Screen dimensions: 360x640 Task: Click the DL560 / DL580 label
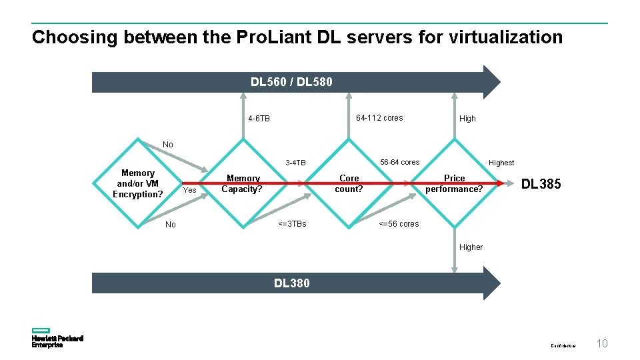tap(291, 82)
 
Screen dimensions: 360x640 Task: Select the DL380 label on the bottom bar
tap(291, 283)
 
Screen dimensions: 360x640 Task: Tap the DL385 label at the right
tap(541, 185)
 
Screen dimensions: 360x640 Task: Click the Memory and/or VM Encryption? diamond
tap(137, 183)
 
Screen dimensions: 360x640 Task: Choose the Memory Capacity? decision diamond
tap(243, 183)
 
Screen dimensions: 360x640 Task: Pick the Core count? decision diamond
tap(349, 183)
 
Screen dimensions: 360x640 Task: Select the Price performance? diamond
tap(454, 183)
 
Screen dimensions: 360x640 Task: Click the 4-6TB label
tap(259, 119)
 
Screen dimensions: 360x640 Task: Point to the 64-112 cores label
tap(379, 118)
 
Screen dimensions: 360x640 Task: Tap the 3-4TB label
tap(295, 163)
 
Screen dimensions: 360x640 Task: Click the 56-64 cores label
tap(399, 162)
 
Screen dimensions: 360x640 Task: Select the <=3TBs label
tap(292, 224)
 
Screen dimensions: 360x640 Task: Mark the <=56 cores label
tap(399, 224)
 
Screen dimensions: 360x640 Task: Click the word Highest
tap(501, 163)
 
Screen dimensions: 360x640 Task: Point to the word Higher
tap(471, 247)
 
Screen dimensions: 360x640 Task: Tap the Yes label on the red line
tap(189, 191)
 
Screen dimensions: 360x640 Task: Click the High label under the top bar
tap(467, 119)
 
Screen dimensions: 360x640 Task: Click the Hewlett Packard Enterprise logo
tap(57, 338)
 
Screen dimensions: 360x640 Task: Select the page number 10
tap(602, 344)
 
